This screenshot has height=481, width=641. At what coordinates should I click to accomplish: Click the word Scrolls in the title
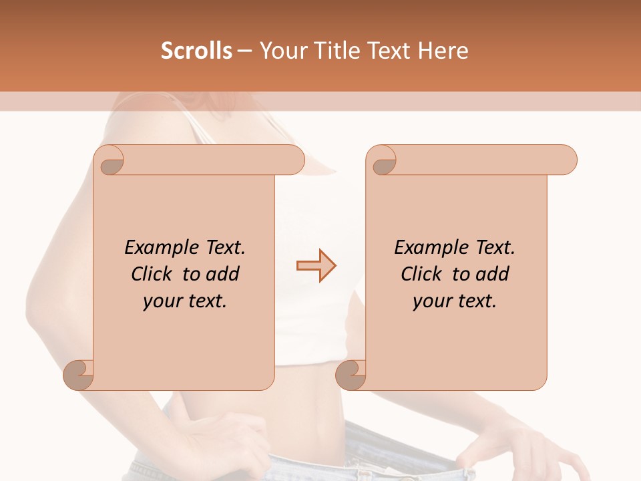(196, 51)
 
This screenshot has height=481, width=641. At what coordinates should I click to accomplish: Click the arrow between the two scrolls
(316, 266)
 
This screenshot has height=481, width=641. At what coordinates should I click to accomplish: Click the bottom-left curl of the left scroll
(79, 375)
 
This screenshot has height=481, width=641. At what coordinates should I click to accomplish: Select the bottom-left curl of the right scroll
(351, 375)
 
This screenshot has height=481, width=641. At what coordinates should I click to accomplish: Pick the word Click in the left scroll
(150, 274)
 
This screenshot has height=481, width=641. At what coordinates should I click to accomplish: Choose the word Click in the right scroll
(420, 274)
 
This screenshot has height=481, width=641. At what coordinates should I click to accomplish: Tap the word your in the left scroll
(161, 301)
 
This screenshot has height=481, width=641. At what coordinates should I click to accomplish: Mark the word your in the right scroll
(431, 301)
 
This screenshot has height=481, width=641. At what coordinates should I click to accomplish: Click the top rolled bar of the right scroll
(481, 160)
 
